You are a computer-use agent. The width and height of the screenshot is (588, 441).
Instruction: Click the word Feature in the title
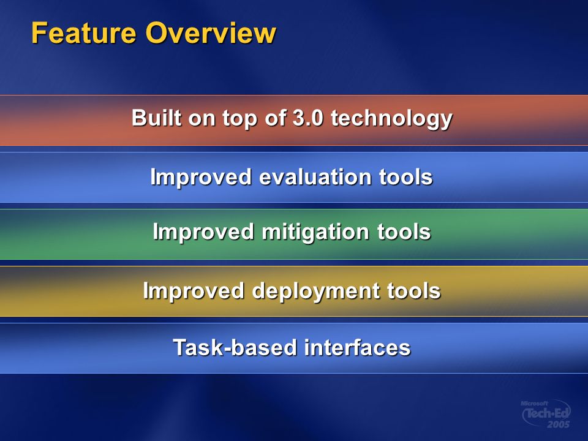click(x=83, y=32)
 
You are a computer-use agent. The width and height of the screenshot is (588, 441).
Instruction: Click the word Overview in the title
click(x=211, y=32)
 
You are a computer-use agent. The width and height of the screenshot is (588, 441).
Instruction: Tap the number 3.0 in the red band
click(x=307, y=118)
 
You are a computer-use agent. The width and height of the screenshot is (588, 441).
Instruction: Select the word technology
click(x=391, y=119)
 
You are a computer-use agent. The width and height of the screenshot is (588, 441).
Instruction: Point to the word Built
click(x=157, y=118)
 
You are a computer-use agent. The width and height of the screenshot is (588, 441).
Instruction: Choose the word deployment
click(x=316, y=292)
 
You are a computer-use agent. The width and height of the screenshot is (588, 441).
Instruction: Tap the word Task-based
click(x=235, y=347)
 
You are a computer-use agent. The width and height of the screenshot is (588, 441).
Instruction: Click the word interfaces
click(x=357, y=347)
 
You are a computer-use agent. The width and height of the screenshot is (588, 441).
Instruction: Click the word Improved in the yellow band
click(x=194, y=292)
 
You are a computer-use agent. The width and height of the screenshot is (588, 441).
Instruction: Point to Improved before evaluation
click(x=201, y=178)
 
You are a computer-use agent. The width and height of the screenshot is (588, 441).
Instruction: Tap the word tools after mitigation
click(x=404, y=232)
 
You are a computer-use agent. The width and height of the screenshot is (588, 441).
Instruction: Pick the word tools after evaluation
click(x=405, y=176)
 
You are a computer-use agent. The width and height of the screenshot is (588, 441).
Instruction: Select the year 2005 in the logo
click(x=559, y=424)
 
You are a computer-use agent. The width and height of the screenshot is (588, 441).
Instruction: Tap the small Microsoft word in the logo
click(x=534, y=404)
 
